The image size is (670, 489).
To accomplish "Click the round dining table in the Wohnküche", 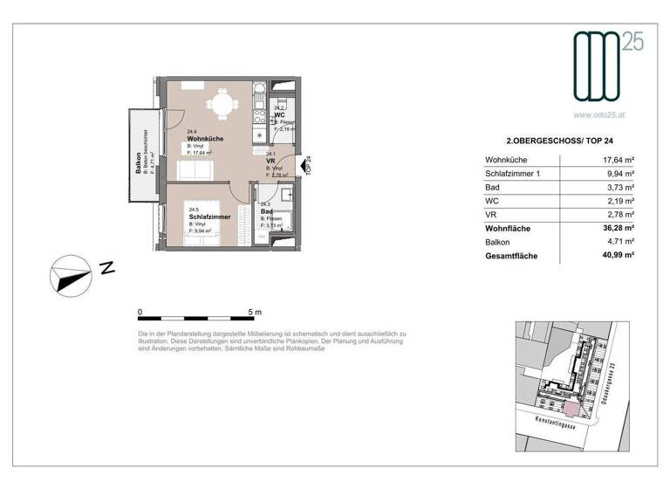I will [222, 107].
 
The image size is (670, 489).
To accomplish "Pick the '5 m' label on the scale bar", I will [255, 311].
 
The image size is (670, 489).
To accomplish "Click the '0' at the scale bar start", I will [140, 311].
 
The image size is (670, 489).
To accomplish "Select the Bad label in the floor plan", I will [267, 210].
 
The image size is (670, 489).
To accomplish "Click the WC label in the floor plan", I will [279, 115].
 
